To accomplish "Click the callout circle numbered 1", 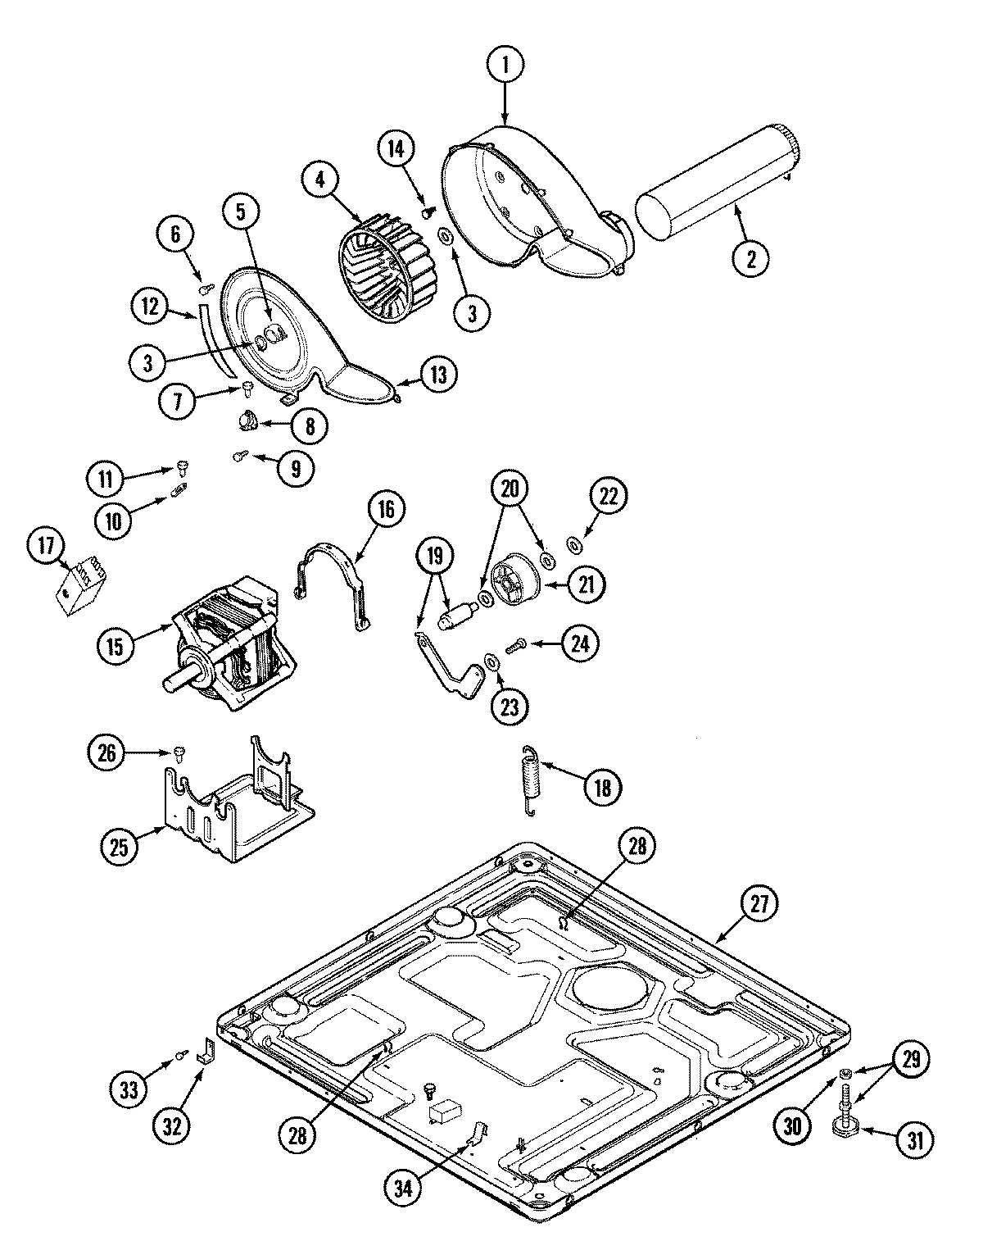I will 505,65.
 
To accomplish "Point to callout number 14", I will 396,149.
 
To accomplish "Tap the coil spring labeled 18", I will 532,780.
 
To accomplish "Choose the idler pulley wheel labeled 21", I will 516,581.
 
